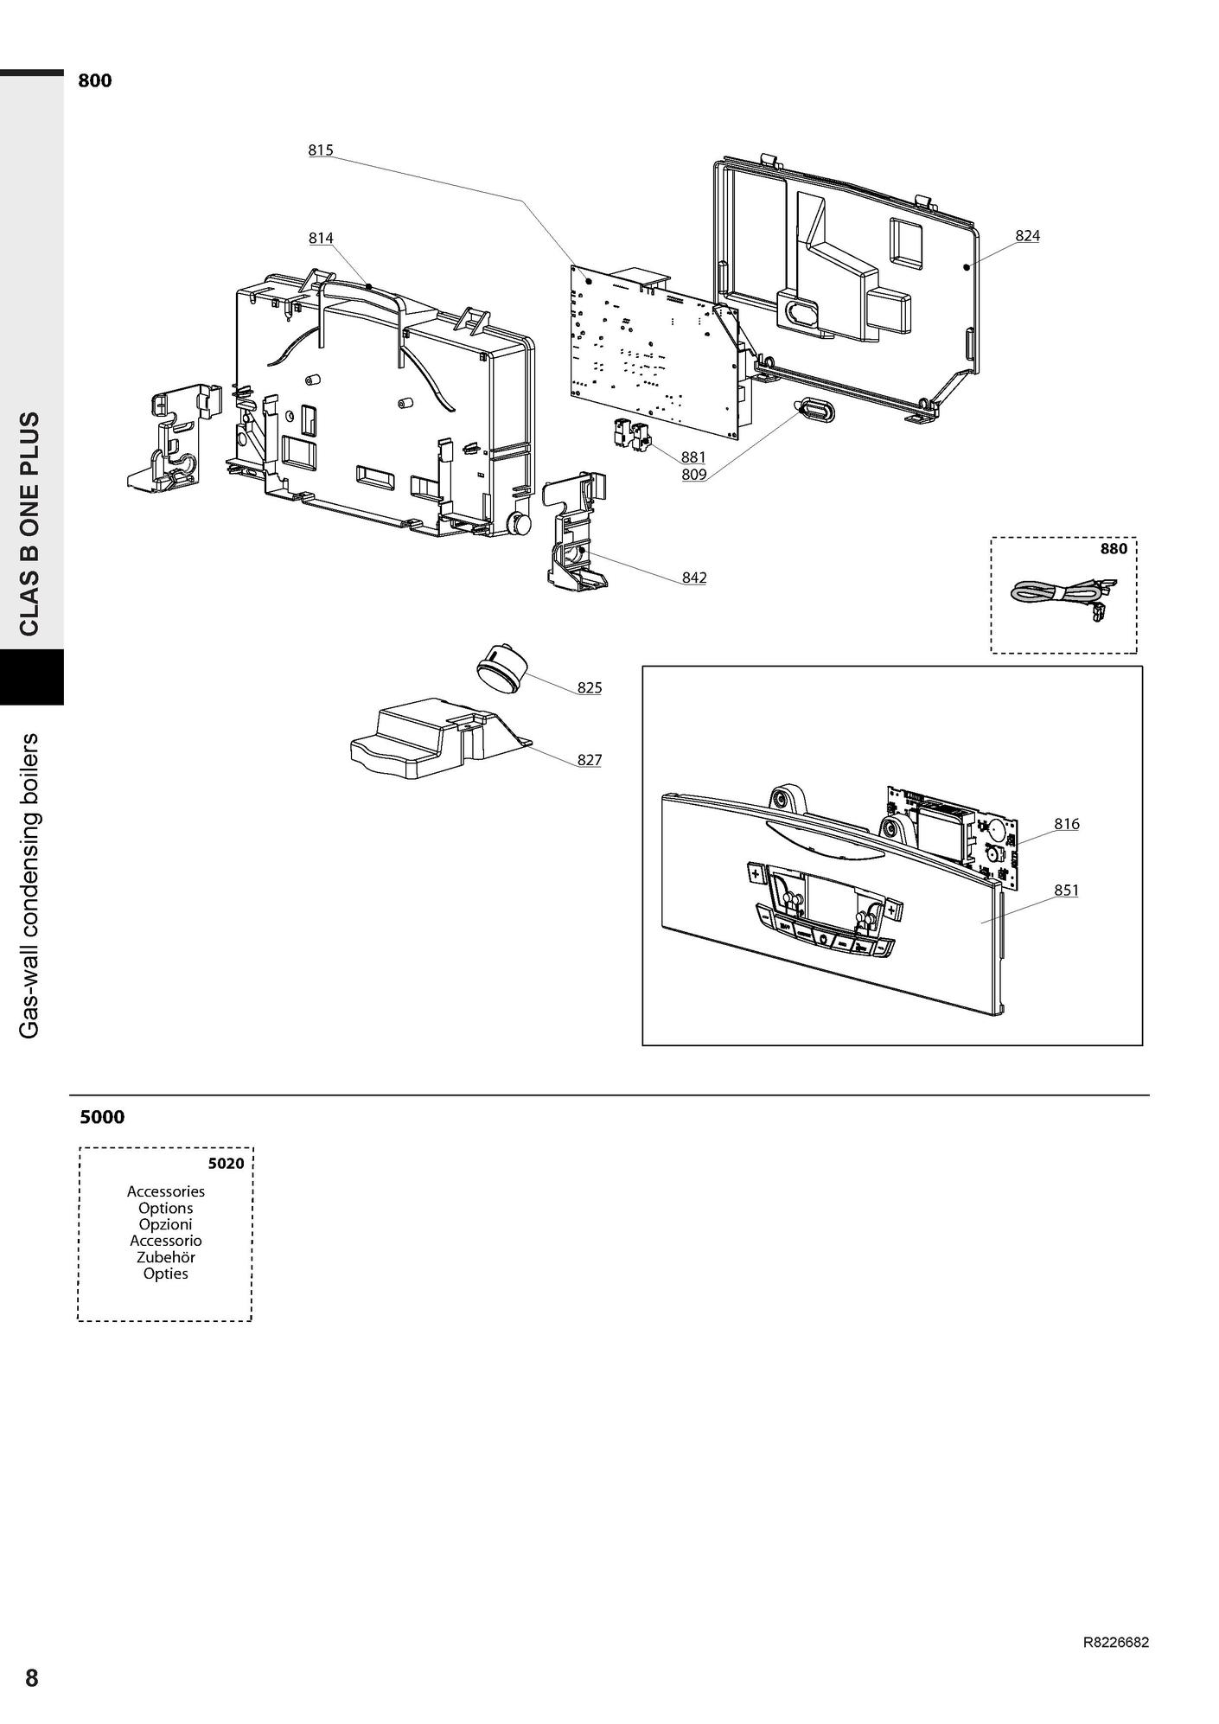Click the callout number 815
click(320, 150)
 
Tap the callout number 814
click(321, 238)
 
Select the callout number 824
click(1027, 235)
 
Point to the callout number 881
click(693, 457)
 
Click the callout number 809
click(693, 474)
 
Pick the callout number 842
click(694, 577)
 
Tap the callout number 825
click(590, 687)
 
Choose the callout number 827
click(590, 760)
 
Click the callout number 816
click(1067, 824)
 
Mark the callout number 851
click(1067, 890)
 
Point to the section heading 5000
click(102, 1117)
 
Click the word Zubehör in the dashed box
click(166, 1257)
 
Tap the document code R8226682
click(1116, 1643)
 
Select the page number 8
click(31, 1678)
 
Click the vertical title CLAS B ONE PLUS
click(29, 524)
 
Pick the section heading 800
click(95, 81)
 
